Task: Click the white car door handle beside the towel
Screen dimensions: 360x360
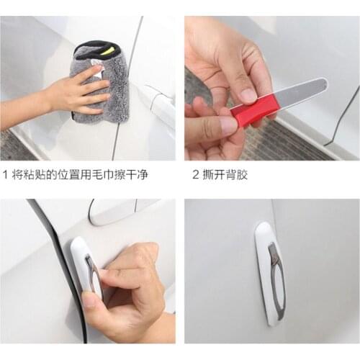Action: (x=160, y=101)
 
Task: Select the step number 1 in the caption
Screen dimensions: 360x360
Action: (x=6, y=175)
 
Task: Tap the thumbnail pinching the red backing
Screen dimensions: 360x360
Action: (x=216, y=126)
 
